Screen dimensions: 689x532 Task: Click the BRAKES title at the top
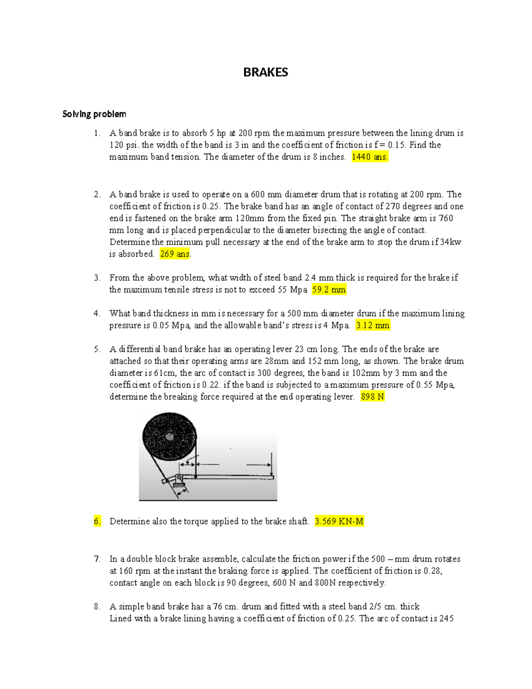coord(266,72)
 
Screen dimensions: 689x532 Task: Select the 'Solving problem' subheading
coord(94,114)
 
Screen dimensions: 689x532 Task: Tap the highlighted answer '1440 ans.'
coord(370,157)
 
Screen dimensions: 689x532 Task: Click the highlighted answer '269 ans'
coord(175,254)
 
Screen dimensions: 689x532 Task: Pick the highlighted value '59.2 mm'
coord(329,290)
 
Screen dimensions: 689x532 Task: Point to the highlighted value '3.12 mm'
coord(372,325)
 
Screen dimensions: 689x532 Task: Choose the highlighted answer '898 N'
coord(372,397)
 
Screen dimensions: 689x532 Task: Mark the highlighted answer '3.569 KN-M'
coord(339,521)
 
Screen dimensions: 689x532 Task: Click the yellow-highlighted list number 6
coord(97,521)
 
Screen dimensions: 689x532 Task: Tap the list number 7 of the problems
coord(97,559)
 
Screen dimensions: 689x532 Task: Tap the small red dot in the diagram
coord(231,449)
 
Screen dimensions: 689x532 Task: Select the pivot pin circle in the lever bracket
coord(179,478)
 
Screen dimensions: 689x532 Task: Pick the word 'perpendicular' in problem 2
coord(224,230)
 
